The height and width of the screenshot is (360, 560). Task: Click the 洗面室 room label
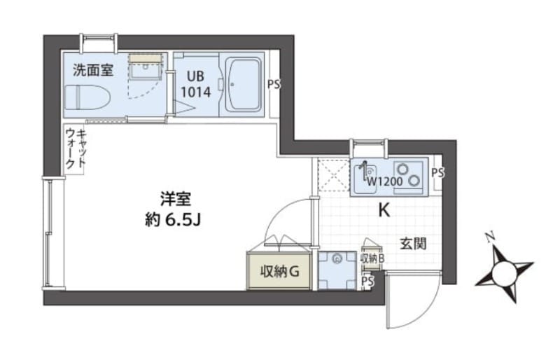click(x=93, y=70)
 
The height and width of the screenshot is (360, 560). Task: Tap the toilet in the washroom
click(x=88, y=99)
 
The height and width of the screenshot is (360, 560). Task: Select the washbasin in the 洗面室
click(x=147, y=68)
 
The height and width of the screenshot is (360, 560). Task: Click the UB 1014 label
click(x=196, y=85)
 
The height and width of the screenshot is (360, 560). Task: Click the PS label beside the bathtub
click(x=274, y=85)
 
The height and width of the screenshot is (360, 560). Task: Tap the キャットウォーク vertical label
click(x=76, y=148)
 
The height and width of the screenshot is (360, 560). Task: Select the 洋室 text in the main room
click(x=176, y=199)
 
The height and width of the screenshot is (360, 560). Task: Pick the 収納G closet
click(x=279, y=271)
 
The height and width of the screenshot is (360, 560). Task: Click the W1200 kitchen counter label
click(x=384, y=182)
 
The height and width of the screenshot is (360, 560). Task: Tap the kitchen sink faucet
click(x=364, y=171)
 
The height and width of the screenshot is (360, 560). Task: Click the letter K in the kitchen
click(x=384, y=211)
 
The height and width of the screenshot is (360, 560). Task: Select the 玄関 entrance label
click(x=413, y=244)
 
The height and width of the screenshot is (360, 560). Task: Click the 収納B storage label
click(x=372, y=258)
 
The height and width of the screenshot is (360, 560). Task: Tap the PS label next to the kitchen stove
click(x=437, y=173)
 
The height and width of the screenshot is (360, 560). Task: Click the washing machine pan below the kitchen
click(x=337, y=270)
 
